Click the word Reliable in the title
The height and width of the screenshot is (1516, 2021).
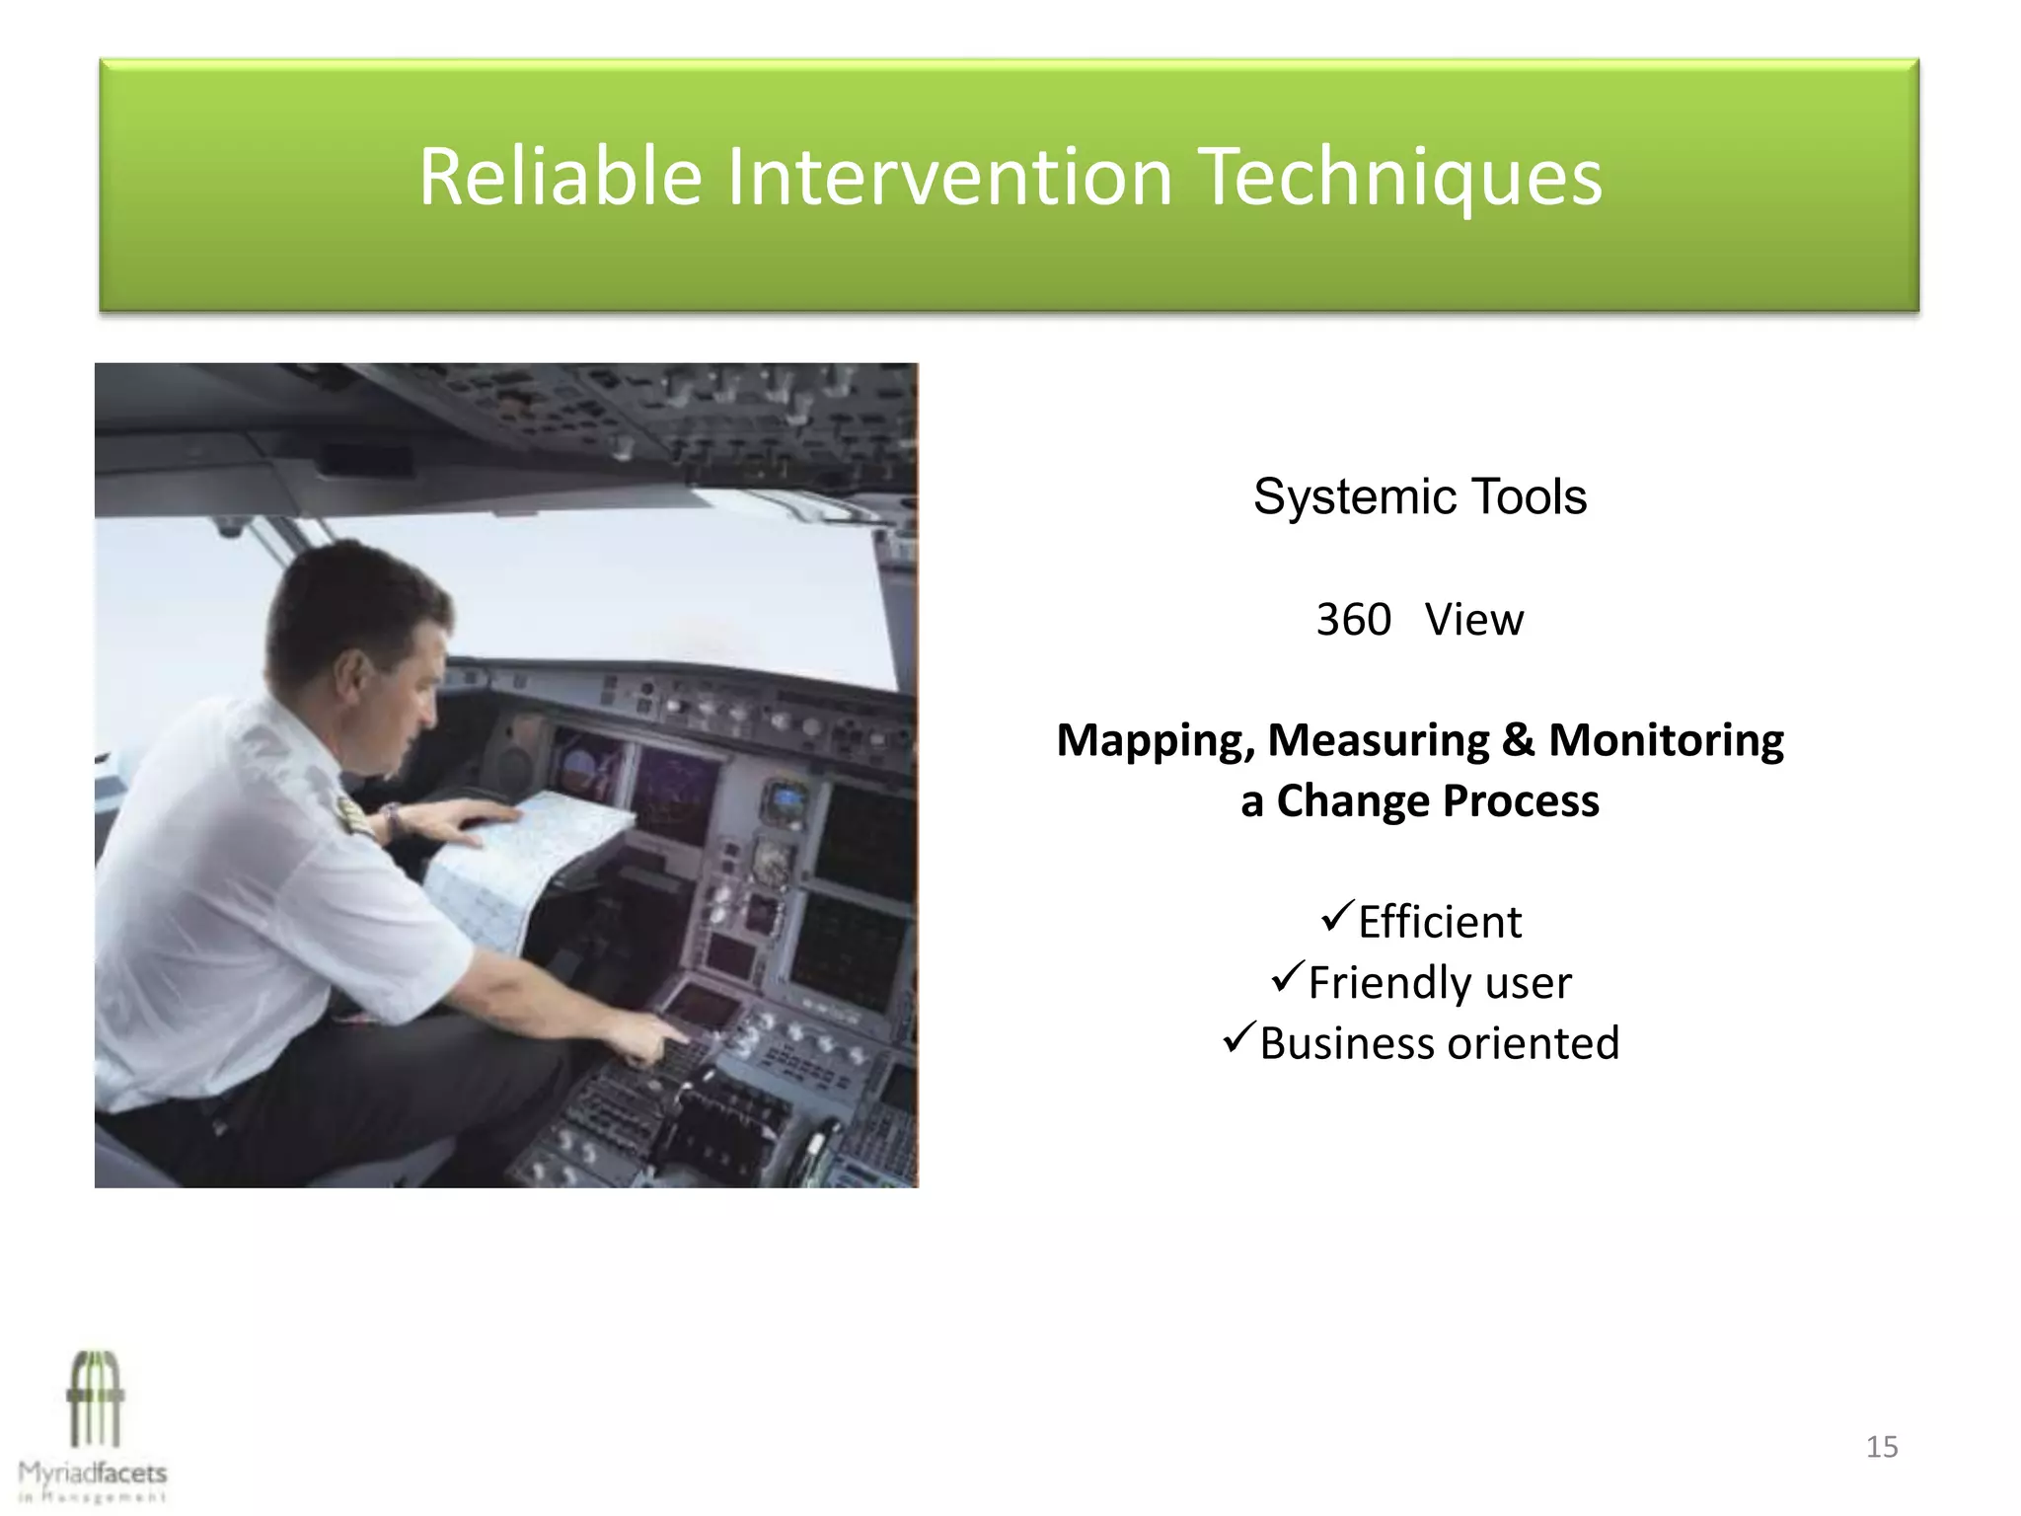pyautogui.click(x=560, y=177)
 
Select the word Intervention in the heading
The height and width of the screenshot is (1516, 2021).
pyautogui.click(x=949, y=177)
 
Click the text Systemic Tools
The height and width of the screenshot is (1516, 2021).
pyautogui.click(x=1419, y=496)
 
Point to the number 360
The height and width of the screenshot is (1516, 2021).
pyautogui.click(x=1353, y=620)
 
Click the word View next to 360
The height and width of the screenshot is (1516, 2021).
pyautogui.click(x=1473, y=620)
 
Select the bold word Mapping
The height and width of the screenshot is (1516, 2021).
pyautogui.click(x=1154, y=740)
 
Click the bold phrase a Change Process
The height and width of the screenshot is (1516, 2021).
pyautogui.click(x=1419, y=800)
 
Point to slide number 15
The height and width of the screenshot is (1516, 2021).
pyautogui.click(x=1881, y=1447)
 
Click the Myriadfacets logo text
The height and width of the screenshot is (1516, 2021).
pyautogui.click(x=93, y=1474)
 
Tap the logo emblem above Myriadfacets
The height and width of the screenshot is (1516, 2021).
pyautogui.click(x=95, y=1398)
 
